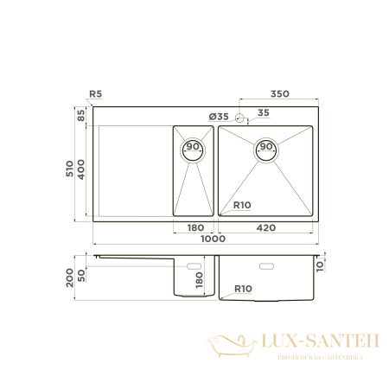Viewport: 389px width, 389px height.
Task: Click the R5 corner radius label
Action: pyautogui.click(x=95, y=95)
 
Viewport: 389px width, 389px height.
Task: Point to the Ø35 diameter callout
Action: pyautogui.click(x=219, y=116)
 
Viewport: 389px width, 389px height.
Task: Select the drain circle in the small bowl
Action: pyautogui.click(x=193, y=148)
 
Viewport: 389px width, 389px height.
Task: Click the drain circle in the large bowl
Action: pyautogui.click(x=265, y=148)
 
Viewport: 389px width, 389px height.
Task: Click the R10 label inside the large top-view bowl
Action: pyautogui.click(x=242, y=205)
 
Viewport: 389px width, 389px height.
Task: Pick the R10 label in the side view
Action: pyautogui.click(x=242, y=288)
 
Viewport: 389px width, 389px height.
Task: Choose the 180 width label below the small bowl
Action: pyautogui.click(x=195, y=228)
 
